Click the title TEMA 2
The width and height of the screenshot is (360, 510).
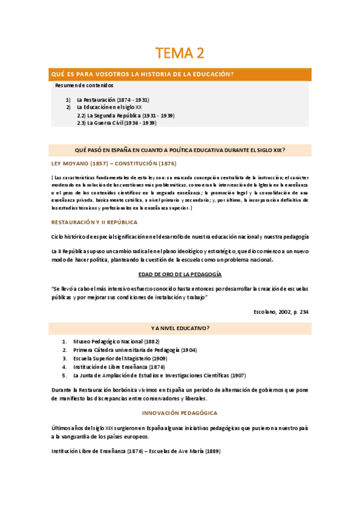[x=180, y=54]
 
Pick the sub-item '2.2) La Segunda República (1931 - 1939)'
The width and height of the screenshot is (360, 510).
[x=126, y=115]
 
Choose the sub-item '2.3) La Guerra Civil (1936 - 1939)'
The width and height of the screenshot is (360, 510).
[x=117, y=123]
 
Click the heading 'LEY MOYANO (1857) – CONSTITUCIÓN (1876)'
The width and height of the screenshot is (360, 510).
[x=114, y=164]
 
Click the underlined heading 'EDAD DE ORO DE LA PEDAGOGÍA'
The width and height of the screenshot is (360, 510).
[x=180, y=274]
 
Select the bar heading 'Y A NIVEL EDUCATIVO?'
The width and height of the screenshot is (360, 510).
[x=180, y=328]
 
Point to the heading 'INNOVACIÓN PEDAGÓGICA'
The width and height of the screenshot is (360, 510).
[x=180, y=413]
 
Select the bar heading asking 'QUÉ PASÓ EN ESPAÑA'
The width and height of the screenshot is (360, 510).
[x=180, y=149]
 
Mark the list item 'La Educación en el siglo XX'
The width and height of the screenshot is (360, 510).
[x=109, y=107]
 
